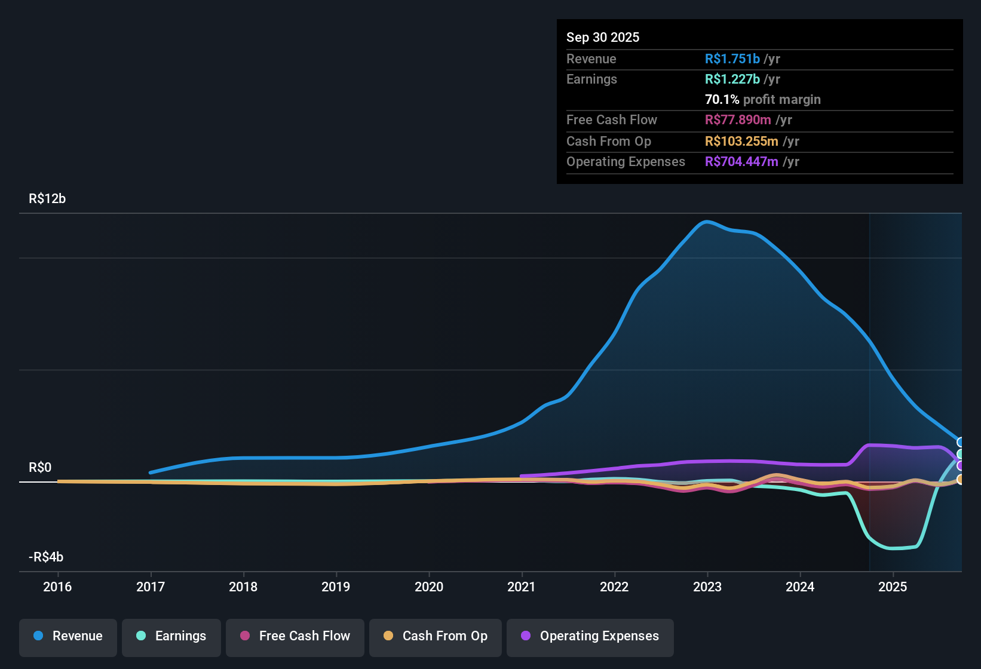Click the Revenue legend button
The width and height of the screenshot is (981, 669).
[x=68, y=637]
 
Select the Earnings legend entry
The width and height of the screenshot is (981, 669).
[x=171, y=637]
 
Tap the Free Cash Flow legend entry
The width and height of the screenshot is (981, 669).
[x=295, y=637]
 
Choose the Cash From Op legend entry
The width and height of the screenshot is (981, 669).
[x=436, y=637]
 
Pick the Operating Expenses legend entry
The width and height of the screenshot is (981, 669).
[x=590, y=637]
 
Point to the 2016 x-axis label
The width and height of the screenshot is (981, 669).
[x=57, y=587]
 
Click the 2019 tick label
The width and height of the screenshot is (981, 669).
[x=336, y=587]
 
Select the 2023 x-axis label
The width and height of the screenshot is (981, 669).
[x=707, y=587]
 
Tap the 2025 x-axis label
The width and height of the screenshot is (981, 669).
[x=893, y=587]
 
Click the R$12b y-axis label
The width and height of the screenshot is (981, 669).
[x=47, y=199]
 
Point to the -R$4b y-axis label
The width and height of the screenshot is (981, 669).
[x=46, y=557]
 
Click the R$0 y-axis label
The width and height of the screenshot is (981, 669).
[x=40, y=468]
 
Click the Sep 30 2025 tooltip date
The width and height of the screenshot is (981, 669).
[x=602, y=38]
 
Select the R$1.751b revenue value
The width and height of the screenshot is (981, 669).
[x=732, y=59]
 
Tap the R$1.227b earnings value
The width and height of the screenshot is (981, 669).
[x=732, y=79]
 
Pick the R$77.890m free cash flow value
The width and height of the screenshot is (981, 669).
[x=738, y=120]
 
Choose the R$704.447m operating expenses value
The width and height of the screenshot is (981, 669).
[x=741, y=162]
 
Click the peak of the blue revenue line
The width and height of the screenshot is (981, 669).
[x=707, y=222]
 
